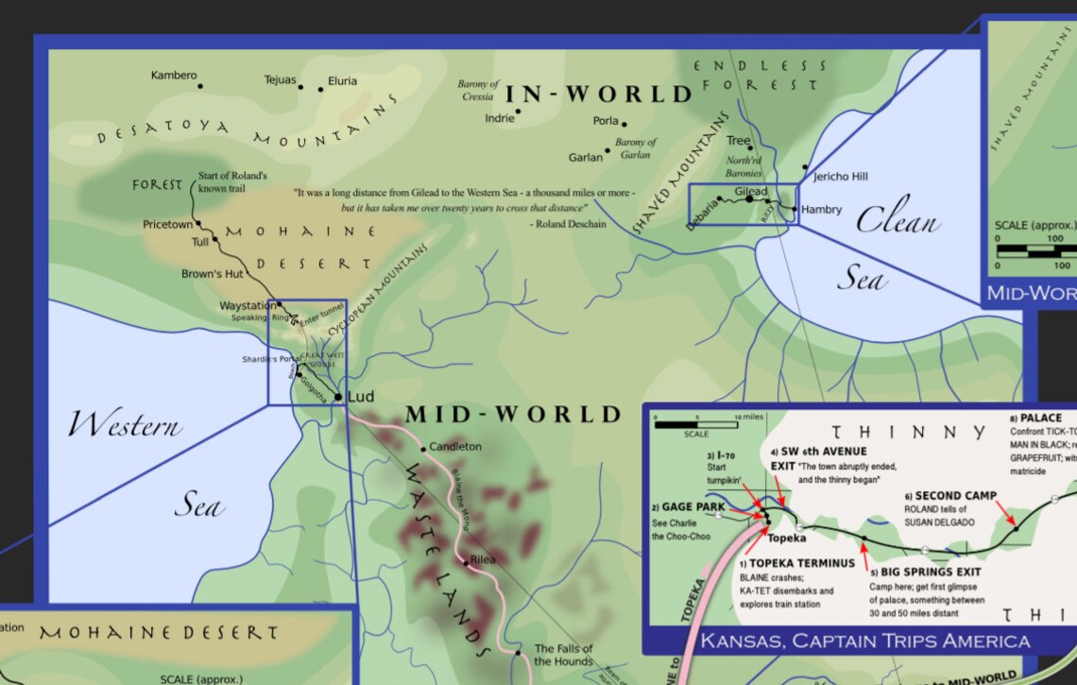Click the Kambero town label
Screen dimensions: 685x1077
pyautogui.click(x=174, y=76)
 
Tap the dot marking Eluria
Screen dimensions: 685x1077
pyautogui.click(x=320, y=90)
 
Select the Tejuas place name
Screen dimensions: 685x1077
pyautogui.click(x=280, y=80)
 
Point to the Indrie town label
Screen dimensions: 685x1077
pyautogui.click(x=499, y=118)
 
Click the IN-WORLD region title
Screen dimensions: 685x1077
pyautogui.click(x=600, y=94)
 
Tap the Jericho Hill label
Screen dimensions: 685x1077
pyautogui.click(x=840, y=177)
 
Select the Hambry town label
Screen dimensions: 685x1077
pyautogui.click(x=821, y=210)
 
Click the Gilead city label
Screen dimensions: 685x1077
pyautogui.click(x=751, y=192)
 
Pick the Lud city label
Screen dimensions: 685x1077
pyautogui.click(x=361, y=397)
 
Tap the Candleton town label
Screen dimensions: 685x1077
pyautogui.click(x=455, y=447)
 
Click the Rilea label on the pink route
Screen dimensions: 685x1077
pyautogui.click(x=483, y=559)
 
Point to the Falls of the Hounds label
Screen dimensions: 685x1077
pyautogui.click(x=563, y=655)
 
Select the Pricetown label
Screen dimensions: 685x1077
pyautogui.click(x=167, y=225)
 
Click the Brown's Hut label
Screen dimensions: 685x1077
pyautogui.click(x=213, y=274)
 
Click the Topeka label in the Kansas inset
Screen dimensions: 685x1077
pyautogui.click(x=787, y=538)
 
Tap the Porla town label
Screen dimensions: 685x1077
pyautogui.click(x=606, y=121)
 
